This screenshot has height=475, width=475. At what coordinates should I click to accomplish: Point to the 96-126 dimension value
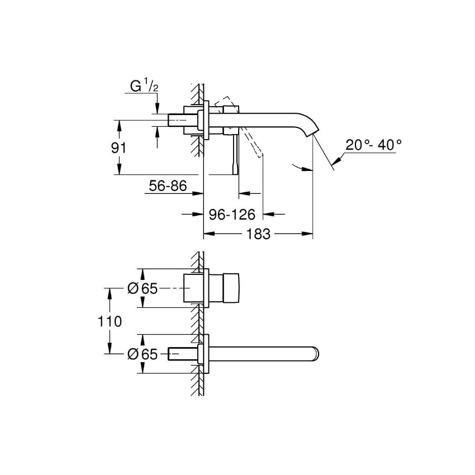[x=232, y=214]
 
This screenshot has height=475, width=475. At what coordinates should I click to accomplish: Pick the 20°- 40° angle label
[x=373, y=145]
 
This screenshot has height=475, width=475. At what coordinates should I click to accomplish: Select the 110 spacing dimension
[x=110, y=321]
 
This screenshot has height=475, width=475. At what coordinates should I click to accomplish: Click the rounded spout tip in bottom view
[x=315, y=354]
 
